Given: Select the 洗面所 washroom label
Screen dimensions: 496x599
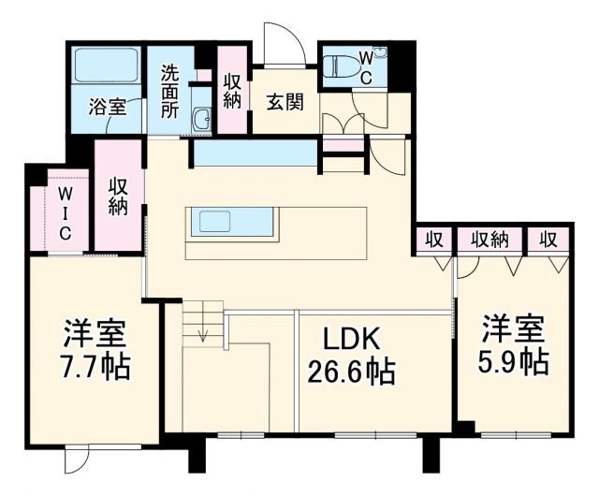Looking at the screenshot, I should point(169,89).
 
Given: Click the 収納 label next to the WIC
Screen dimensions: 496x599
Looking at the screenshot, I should point(118,197).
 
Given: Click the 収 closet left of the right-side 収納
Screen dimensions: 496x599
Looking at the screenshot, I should point(434,240).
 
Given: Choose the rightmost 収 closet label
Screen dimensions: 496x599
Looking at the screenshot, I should point(548,240).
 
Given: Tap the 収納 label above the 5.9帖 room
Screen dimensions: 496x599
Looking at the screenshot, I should point(489,240).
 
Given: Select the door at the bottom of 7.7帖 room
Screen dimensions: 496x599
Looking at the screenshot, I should point(78,462).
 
